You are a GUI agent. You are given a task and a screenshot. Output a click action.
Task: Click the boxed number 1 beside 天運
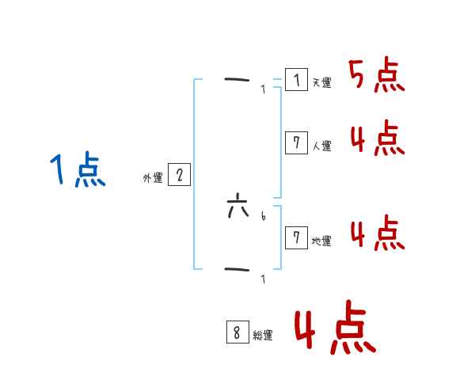tap(296, 80)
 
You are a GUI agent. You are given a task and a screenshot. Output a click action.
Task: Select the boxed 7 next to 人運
tap(296, 142)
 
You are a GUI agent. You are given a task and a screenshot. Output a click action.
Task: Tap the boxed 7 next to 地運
tap(296, 237)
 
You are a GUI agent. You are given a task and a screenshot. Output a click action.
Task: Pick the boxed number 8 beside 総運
tap(237, 332)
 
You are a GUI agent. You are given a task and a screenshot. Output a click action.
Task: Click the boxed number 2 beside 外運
tap(179, 175)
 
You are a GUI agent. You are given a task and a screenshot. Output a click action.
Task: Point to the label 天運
tap(321, 82)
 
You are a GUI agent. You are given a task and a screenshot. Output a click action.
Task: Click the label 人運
tap(321, 146)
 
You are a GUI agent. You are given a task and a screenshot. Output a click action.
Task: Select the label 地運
tap(321, 241)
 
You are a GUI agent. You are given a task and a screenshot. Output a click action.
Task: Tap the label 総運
tap(263, 336)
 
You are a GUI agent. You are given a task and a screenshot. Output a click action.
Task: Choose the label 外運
tap(152, 178)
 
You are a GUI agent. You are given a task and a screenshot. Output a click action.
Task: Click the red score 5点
tap(376, 76)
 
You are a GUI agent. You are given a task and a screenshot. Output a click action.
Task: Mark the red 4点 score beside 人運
tap(376, 139)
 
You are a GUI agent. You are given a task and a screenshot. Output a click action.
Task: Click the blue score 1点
tap(78, 170)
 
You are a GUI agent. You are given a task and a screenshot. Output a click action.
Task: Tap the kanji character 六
tap(237, 211)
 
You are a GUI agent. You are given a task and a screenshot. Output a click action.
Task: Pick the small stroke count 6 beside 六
tap(263, 214)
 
